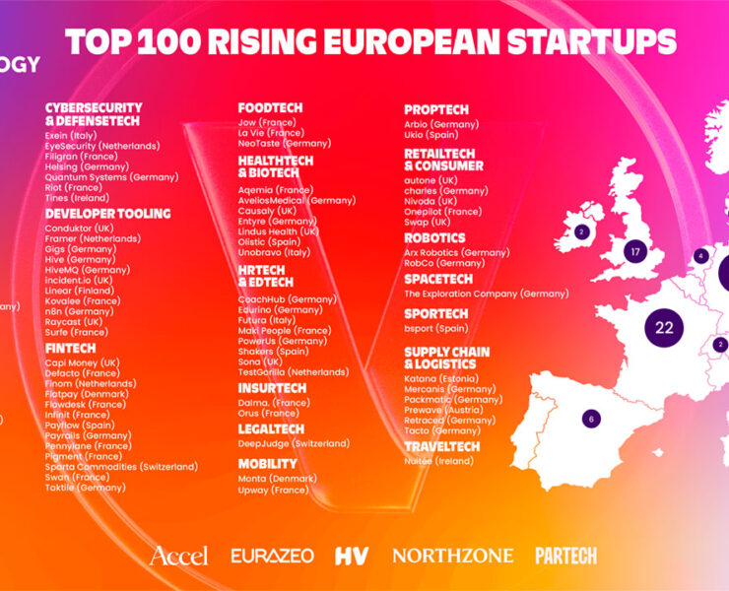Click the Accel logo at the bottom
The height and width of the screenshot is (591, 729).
click(178, 556)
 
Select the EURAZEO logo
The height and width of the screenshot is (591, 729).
click(272, 556)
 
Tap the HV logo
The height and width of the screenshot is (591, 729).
click(351, 556)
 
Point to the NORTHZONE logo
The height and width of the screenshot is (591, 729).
click(452, 556)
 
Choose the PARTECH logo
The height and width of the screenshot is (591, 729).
click(565, 556)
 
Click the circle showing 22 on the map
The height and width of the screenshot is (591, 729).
click(664, 327)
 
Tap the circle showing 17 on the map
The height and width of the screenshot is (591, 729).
click(635, 251)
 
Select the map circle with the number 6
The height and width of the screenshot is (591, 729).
click(591, 418)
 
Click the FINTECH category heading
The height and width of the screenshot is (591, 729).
click(71, 348)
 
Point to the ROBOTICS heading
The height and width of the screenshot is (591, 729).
click(434, 238)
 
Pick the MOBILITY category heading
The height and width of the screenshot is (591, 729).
click(267, 463)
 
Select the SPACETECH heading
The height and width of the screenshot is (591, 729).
click(438, 280)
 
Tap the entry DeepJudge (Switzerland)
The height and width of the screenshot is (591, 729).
click(294, 443)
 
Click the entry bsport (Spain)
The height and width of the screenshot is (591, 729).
click(436, 328)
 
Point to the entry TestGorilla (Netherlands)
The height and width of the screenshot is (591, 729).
click(294, 372)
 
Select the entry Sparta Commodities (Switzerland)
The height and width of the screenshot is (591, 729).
click(121, 466)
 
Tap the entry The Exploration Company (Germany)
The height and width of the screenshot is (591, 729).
click(486, 294)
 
